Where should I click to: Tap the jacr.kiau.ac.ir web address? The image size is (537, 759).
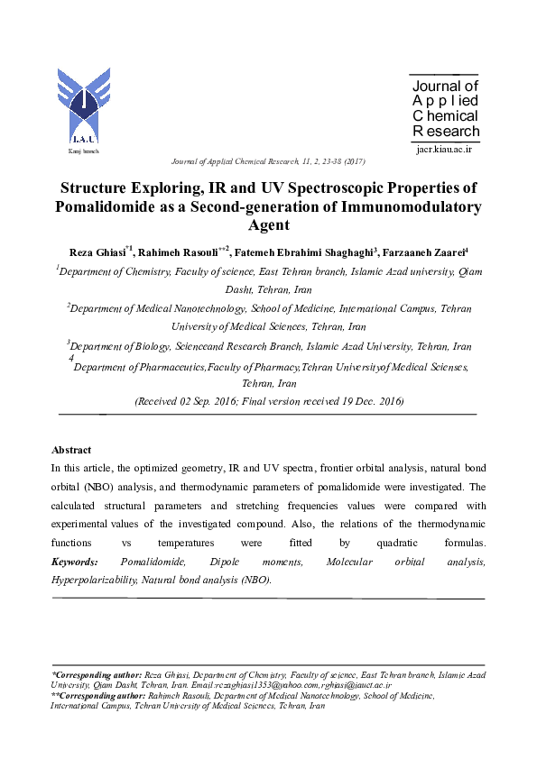[444, 150]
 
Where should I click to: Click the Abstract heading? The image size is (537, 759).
[71, 450]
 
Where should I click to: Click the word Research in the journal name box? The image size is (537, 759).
[446, 132]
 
